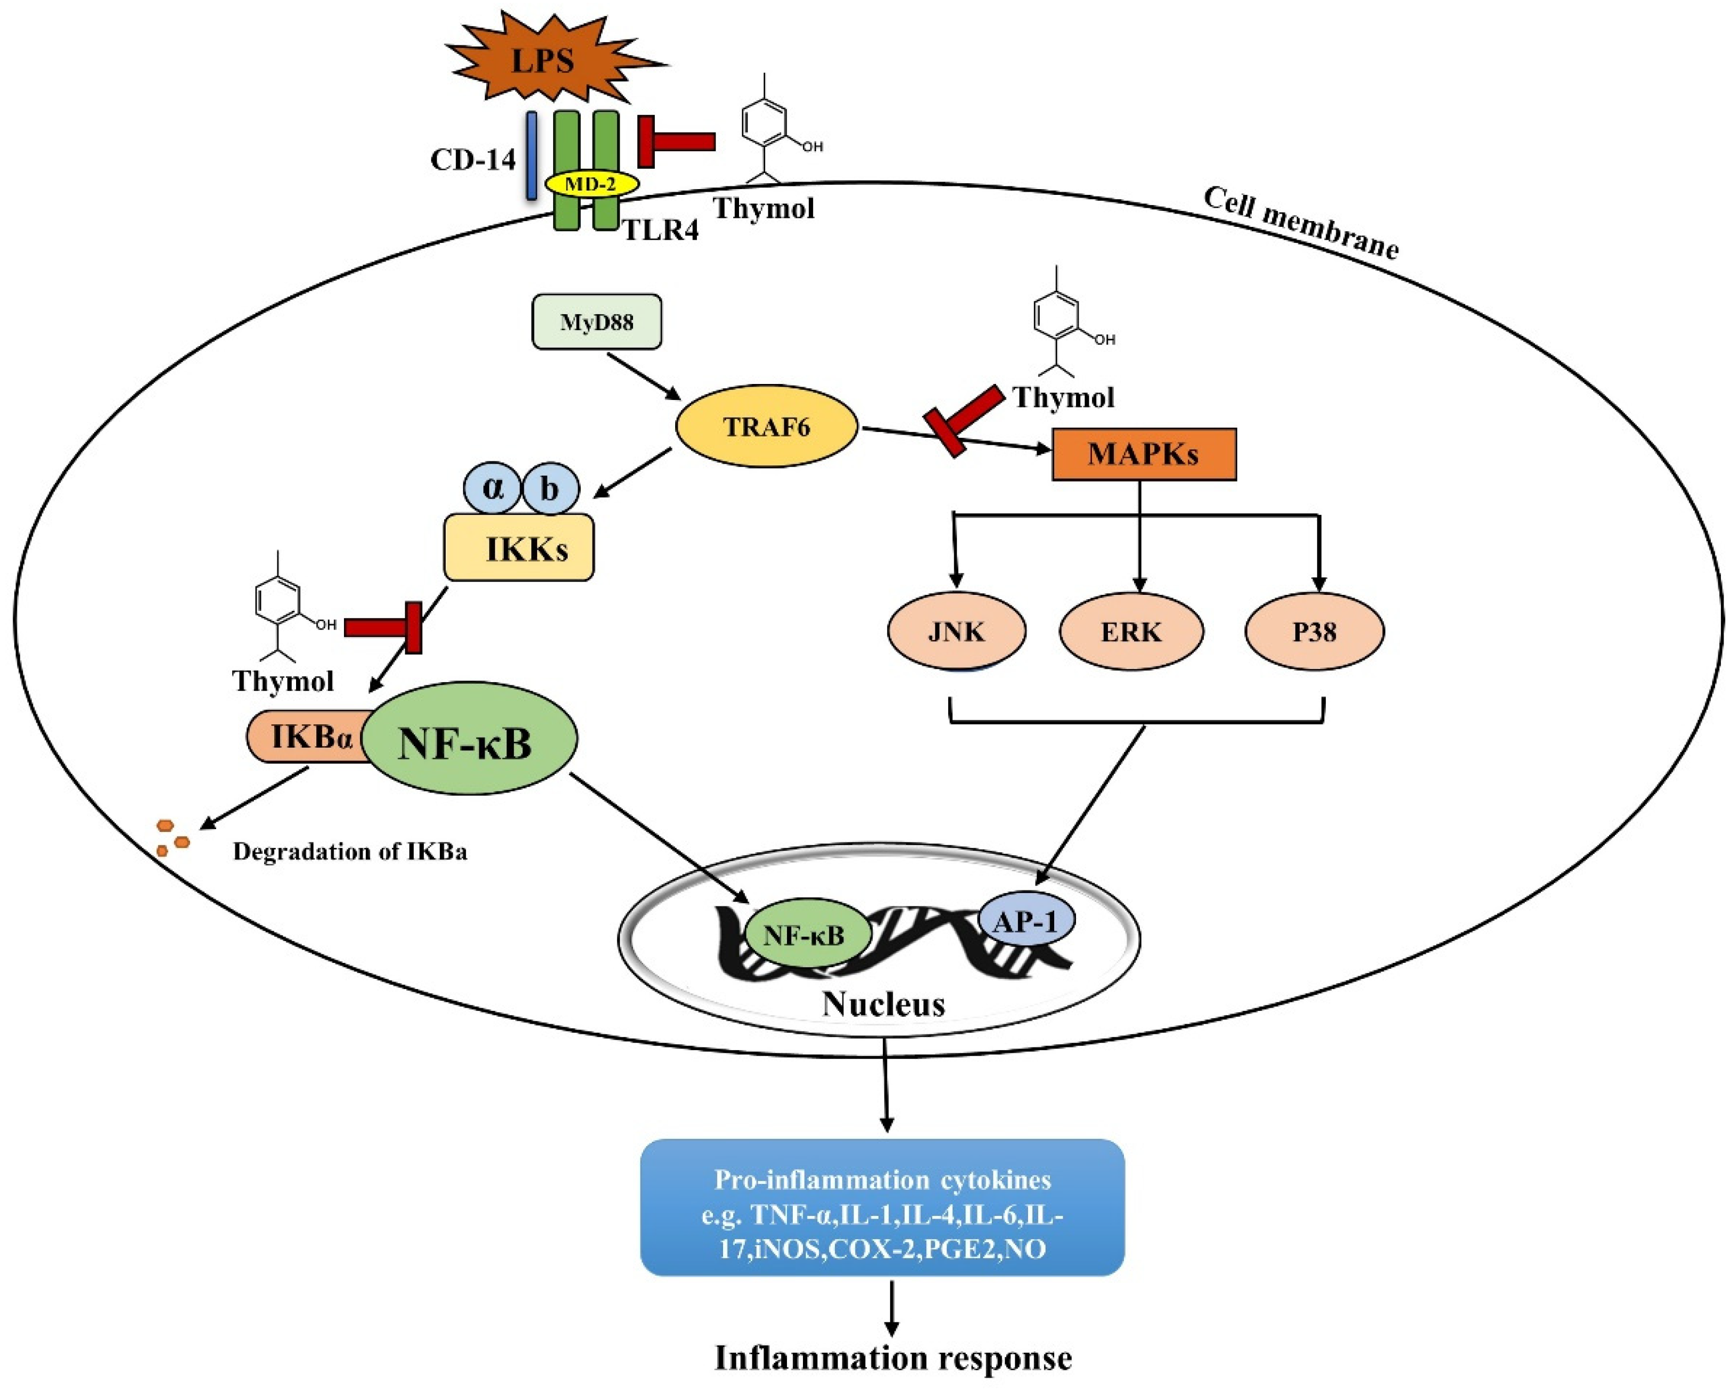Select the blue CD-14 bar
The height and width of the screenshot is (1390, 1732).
(531, 155)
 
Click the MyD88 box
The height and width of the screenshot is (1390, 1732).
(597, 322)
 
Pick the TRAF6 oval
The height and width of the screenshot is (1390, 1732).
(766, 427)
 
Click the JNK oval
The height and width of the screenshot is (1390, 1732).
(956, 632)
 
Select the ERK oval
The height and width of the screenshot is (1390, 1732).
(1131, 632)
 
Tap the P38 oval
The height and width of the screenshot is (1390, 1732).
(1314, 632)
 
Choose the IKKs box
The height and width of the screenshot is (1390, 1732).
(519, 549)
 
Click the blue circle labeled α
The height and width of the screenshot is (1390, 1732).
(493, 488)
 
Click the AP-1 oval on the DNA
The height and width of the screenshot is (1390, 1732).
(1026, 921)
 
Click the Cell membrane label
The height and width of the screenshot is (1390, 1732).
(1301, 223)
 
